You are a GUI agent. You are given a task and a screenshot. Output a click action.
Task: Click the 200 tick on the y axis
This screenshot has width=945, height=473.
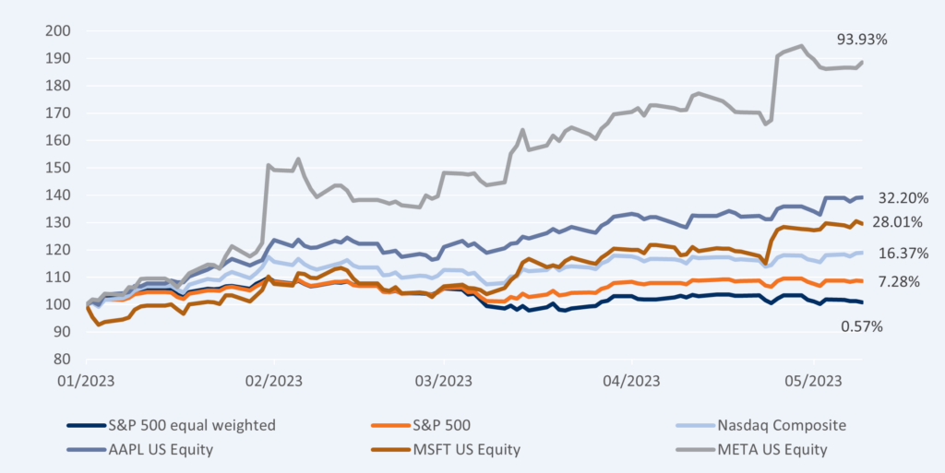[58, 30]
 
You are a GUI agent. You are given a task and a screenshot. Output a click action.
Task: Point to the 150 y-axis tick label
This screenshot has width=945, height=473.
[58, 168]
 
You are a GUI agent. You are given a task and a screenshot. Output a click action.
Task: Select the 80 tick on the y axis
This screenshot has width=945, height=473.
[62, 360]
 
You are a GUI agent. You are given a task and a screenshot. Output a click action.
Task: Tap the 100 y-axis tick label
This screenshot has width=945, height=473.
[58, 304]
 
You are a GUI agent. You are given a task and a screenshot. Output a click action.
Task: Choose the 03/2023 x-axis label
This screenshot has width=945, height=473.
[443, 380]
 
